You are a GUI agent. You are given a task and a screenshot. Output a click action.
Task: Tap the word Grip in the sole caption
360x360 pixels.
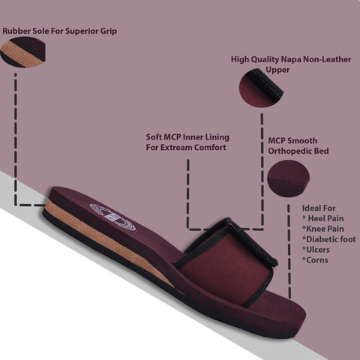109,31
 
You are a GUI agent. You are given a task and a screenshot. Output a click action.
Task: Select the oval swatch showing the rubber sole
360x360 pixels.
23,52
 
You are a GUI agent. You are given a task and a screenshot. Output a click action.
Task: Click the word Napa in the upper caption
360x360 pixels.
291,60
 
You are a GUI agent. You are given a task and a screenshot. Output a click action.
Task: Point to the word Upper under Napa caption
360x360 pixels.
277,70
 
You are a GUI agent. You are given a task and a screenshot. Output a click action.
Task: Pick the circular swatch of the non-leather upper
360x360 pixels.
261,88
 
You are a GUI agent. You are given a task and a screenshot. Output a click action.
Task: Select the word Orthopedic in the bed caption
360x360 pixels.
288,151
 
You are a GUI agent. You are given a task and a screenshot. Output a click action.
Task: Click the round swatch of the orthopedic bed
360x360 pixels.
288,178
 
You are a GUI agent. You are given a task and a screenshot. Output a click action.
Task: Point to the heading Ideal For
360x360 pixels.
319,208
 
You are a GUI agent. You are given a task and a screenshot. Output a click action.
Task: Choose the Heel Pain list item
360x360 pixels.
323,218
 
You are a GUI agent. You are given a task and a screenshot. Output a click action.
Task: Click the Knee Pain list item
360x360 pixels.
323,229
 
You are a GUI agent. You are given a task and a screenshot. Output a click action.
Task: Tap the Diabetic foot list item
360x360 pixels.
329,239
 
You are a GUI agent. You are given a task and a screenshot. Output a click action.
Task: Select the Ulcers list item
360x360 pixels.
316,250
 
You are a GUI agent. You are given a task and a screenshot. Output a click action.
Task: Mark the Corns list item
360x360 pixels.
315,260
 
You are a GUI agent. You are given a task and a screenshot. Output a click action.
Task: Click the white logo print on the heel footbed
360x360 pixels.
112,217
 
